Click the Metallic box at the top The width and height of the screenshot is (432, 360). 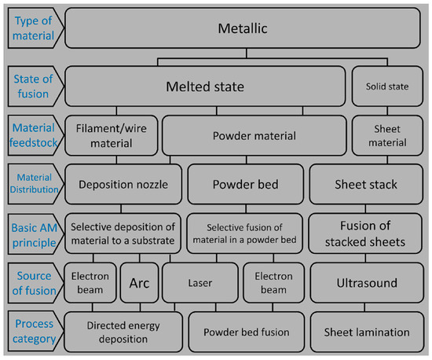click(x=243, y=29)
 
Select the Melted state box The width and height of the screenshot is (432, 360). click(x=205, y=85)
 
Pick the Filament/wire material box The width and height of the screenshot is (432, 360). click(x=111, y=135)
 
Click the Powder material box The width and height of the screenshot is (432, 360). click(x=254, y=135)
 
